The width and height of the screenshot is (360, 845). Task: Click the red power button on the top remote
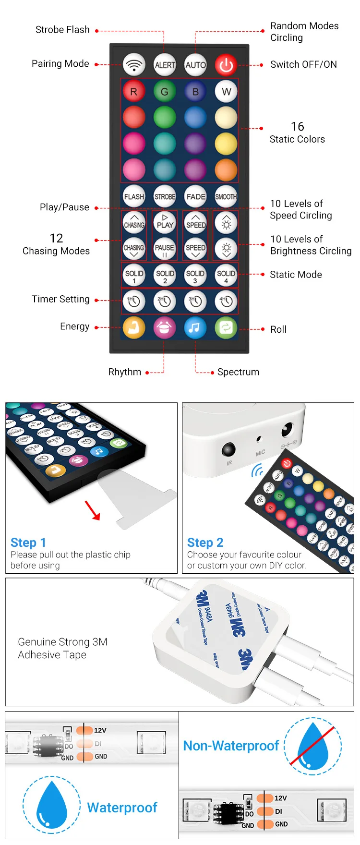pos(226,65)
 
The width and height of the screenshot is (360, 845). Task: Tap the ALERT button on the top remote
pos(165,65)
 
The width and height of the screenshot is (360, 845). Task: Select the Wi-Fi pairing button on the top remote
pos(134,65)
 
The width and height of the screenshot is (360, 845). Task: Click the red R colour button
pos(134,91)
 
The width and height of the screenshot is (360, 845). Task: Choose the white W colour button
pos(226,91)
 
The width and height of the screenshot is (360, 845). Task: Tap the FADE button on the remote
pos(195,196)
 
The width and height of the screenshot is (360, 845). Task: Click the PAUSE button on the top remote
pos(165,249)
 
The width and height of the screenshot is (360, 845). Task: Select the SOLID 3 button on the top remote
pos(195,276)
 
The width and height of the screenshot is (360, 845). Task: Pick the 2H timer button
pos(165,302)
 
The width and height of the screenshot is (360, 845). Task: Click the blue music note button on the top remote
pos(195,328)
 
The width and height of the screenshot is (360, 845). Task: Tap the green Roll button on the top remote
pos(226,328)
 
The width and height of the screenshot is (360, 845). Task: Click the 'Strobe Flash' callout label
pos(62,30)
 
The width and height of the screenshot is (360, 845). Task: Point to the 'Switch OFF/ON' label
pos(303,64)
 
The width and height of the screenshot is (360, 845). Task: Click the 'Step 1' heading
pos(28,543)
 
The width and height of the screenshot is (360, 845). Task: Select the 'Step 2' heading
pos(205,543)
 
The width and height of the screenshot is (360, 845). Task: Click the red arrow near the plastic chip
pos(93,510)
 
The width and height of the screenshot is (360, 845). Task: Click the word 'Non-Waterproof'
pos(231,746)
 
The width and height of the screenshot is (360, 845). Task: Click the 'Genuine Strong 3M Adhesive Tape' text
pos(62,648)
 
